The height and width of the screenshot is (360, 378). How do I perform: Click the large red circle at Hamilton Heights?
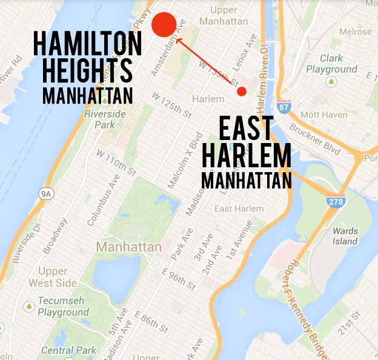click(164, 24)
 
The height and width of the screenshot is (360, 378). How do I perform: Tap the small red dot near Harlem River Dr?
click(242, 92)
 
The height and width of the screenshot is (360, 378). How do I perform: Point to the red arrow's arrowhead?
click(177, 41)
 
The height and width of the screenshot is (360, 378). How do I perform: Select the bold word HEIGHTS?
click(83, 72)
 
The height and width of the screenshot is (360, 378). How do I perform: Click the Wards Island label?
click(346, 236)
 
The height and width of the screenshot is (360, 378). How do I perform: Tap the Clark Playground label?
click(339, 64)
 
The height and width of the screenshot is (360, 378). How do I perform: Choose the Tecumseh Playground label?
click(62, 306)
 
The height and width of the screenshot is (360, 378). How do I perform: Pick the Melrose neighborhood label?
click(355, 32)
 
